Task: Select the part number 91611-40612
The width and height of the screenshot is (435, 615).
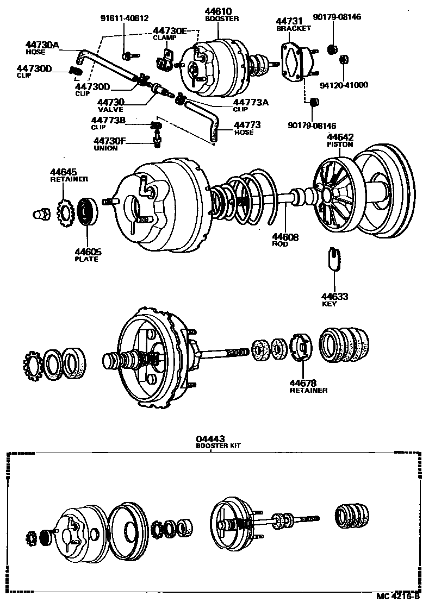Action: [x=124, y=17]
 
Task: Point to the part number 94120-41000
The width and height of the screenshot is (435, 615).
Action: [x=343, y=85]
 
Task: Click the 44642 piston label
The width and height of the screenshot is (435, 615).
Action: [x=340, y=137]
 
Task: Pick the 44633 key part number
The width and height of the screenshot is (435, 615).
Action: [x=334, y=296]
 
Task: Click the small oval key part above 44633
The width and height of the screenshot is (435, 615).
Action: [x=334, y=258]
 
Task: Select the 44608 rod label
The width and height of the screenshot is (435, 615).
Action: [x=285, y=237]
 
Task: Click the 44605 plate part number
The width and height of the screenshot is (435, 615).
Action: [x=88, y=252]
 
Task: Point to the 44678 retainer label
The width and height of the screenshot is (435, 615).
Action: [x=303, y=382]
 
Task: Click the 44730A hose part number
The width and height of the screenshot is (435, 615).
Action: [x=42, y=45]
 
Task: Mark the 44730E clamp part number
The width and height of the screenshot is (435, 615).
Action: [x=171, y=31]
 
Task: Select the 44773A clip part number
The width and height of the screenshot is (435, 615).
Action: [x=251, y=102]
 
